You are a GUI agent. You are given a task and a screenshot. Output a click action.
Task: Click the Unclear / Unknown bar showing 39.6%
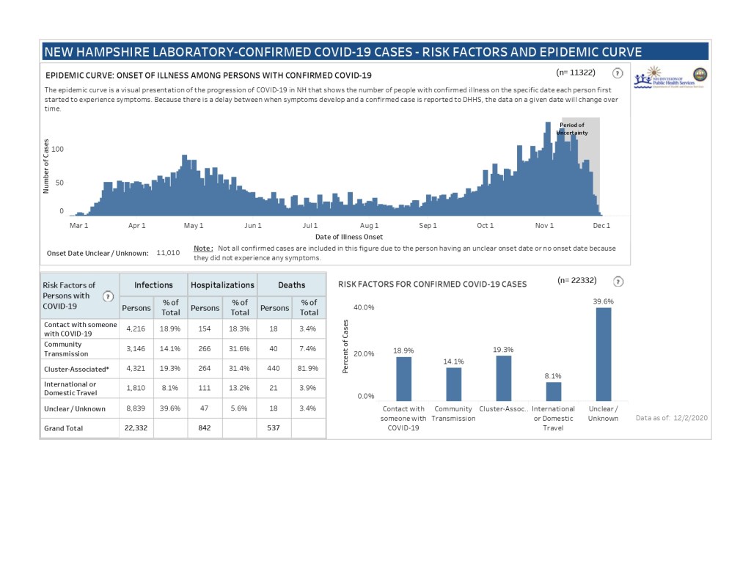[603, 353]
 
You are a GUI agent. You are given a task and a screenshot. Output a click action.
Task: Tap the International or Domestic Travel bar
[553, 391]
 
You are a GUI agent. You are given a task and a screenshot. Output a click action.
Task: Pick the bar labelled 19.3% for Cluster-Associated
[503, 378]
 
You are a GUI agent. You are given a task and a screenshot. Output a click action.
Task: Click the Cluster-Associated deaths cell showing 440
[274, 369]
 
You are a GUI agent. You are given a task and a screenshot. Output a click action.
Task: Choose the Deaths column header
[291, 285]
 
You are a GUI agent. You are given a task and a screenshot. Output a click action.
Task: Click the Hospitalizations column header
[222, 285]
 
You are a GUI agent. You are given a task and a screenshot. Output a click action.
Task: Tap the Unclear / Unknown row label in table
[74, 408]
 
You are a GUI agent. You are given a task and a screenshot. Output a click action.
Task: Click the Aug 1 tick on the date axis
[370, 226]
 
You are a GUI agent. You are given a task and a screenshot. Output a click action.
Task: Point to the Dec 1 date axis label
[601, 226]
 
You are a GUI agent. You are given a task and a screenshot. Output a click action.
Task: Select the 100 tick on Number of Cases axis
[57, 150]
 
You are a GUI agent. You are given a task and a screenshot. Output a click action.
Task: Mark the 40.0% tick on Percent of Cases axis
[364, 307]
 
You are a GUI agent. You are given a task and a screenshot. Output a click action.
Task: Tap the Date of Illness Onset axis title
[349, 237]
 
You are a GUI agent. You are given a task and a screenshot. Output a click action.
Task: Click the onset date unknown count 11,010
[168, 252]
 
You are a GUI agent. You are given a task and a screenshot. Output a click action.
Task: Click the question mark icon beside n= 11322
[618, 73]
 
